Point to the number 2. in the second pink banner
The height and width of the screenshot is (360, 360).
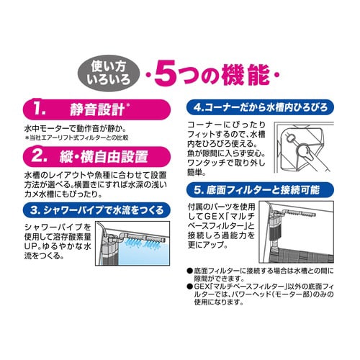[48, 155]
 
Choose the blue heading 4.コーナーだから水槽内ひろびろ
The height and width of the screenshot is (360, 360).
[267, 107]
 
